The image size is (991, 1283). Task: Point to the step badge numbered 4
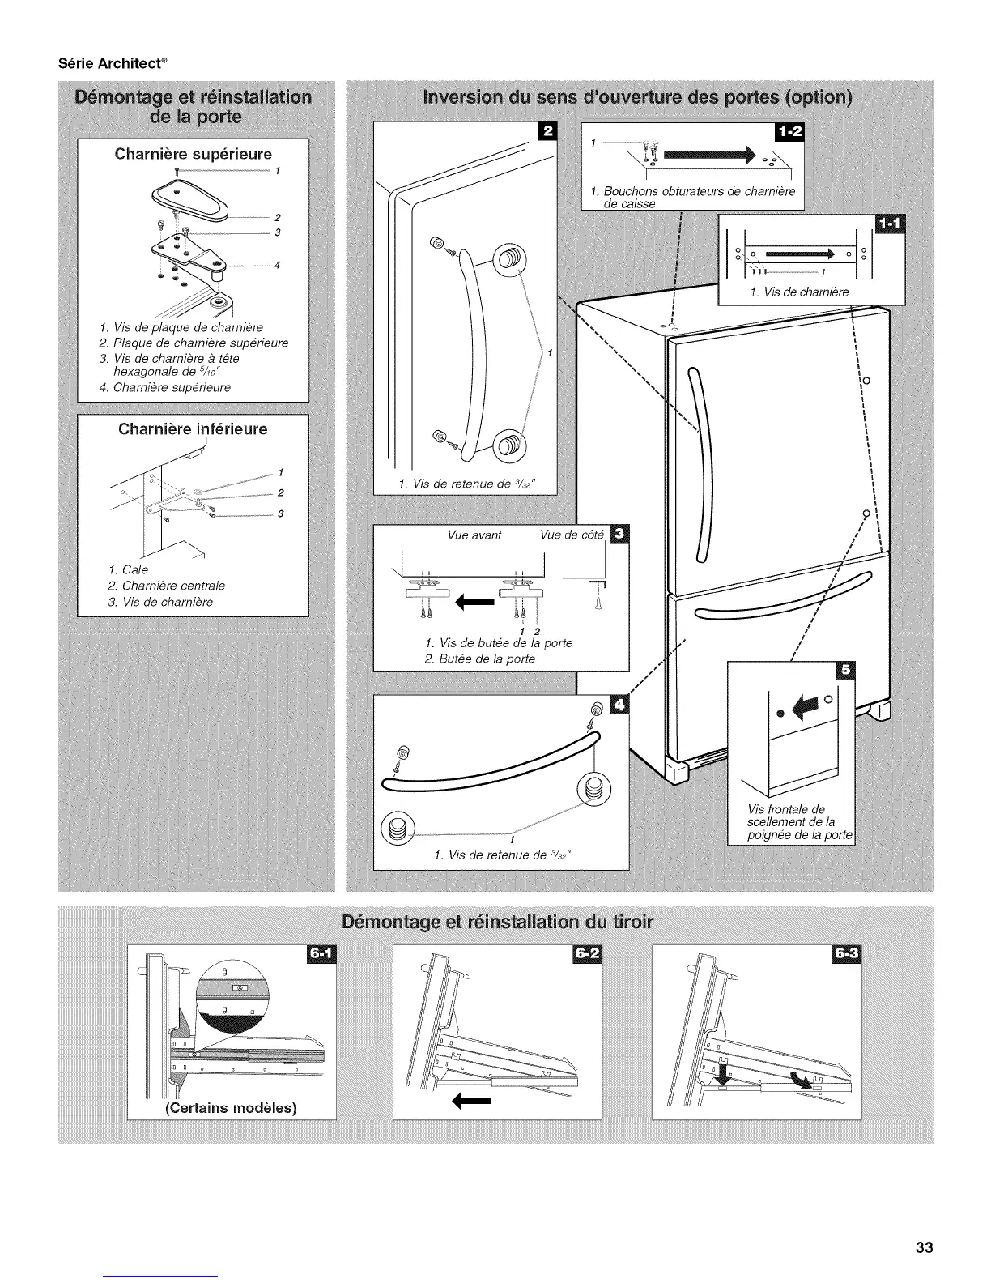(x=619, y=705)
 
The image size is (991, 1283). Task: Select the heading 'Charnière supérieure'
(x=193, y=154)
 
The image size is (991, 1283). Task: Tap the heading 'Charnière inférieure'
(x=193, y=429)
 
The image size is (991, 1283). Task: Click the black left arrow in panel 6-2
(x=471, y=1101)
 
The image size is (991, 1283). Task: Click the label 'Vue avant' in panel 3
(x=474, y=535)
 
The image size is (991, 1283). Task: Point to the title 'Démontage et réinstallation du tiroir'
(x=496, y=923)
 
